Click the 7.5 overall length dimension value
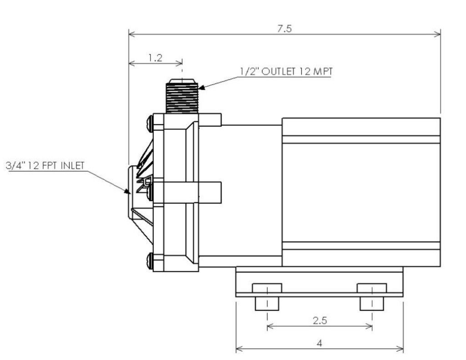285,28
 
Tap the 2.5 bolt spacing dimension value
320,320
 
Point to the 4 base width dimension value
319,343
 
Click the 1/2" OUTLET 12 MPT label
285,72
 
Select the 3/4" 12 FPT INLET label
45,165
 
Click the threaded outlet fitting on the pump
182,96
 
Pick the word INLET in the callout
72,165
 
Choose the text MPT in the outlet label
321,72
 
